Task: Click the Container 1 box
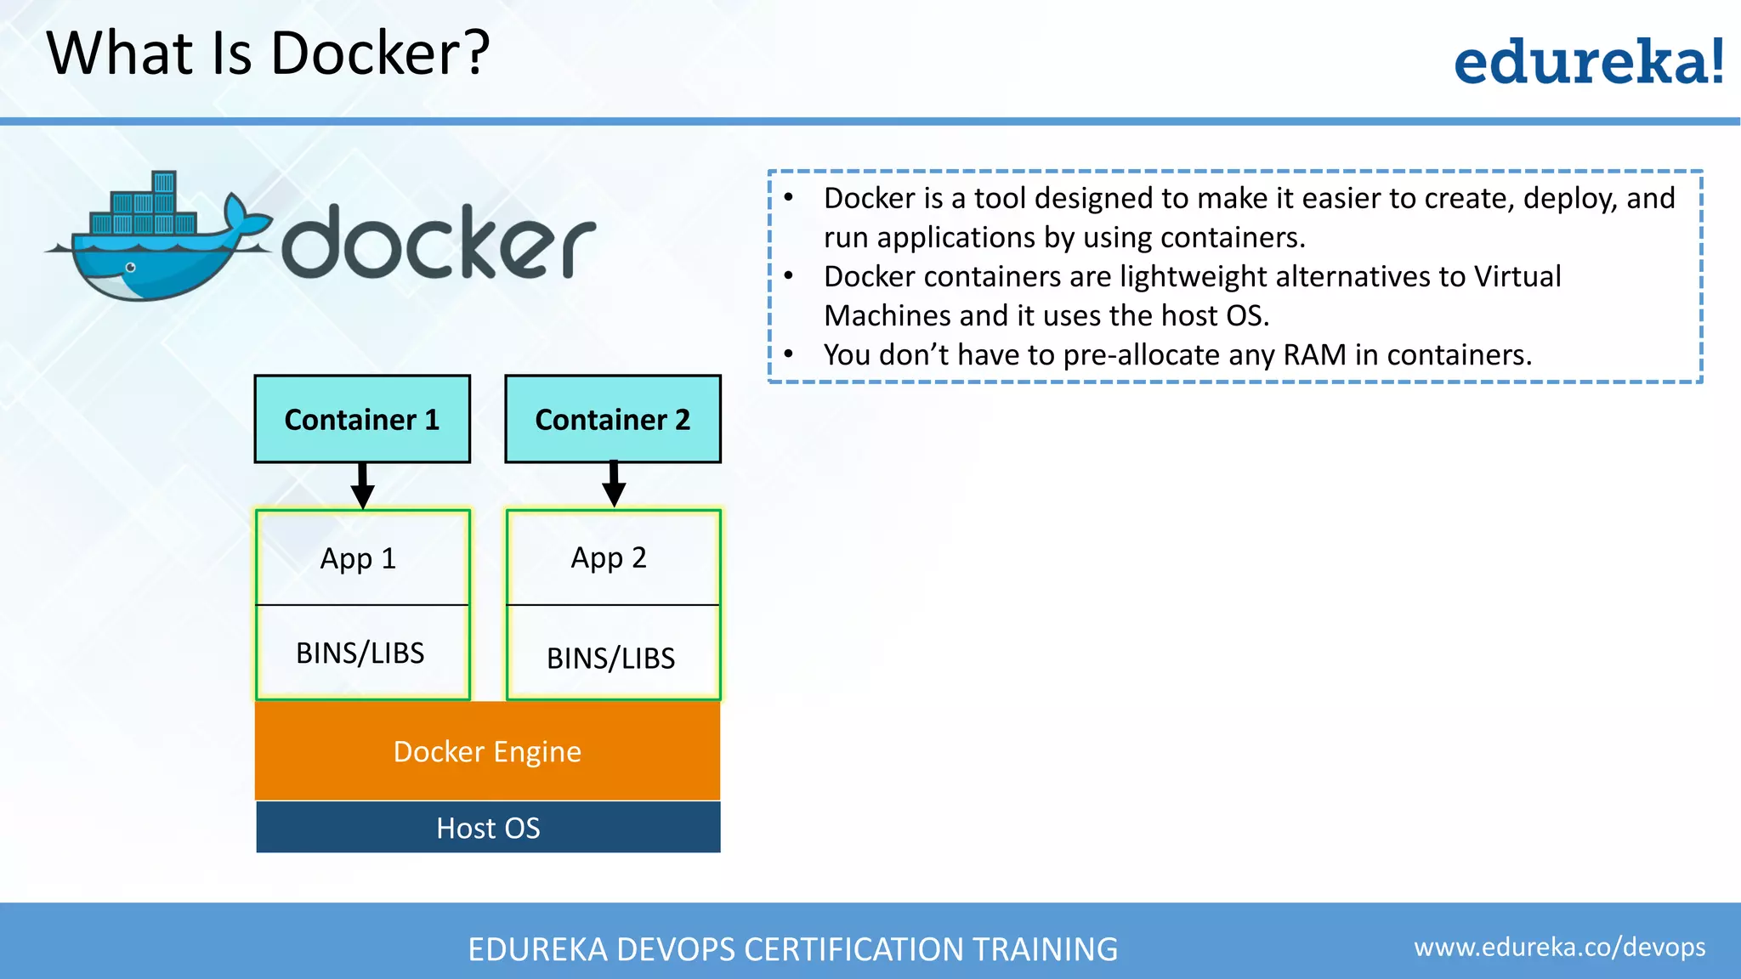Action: (x=362, y=419)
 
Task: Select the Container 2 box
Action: (x=613, y=419)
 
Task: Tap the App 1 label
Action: (x=358, y=558)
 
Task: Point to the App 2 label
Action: (x=609, y=557)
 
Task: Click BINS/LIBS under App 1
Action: (x=360, y=653)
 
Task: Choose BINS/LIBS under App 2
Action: (x=610, y=658)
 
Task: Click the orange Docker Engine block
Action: (x=487, y=751)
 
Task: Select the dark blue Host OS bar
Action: (x=488, y=828)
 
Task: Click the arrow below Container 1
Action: (x=363, y=487)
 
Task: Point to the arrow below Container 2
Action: (x=614, y=485)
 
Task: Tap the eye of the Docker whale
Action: (x=130, y=268)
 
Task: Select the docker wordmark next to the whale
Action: (x=439, y=243)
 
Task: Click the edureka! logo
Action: (x=1588, y=62)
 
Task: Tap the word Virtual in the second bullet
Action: (x=1517, y=276)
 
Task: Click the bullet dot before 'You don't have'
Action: (x=789, y=354)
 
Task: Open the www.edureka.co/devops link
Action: (x=1559, y=947)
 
